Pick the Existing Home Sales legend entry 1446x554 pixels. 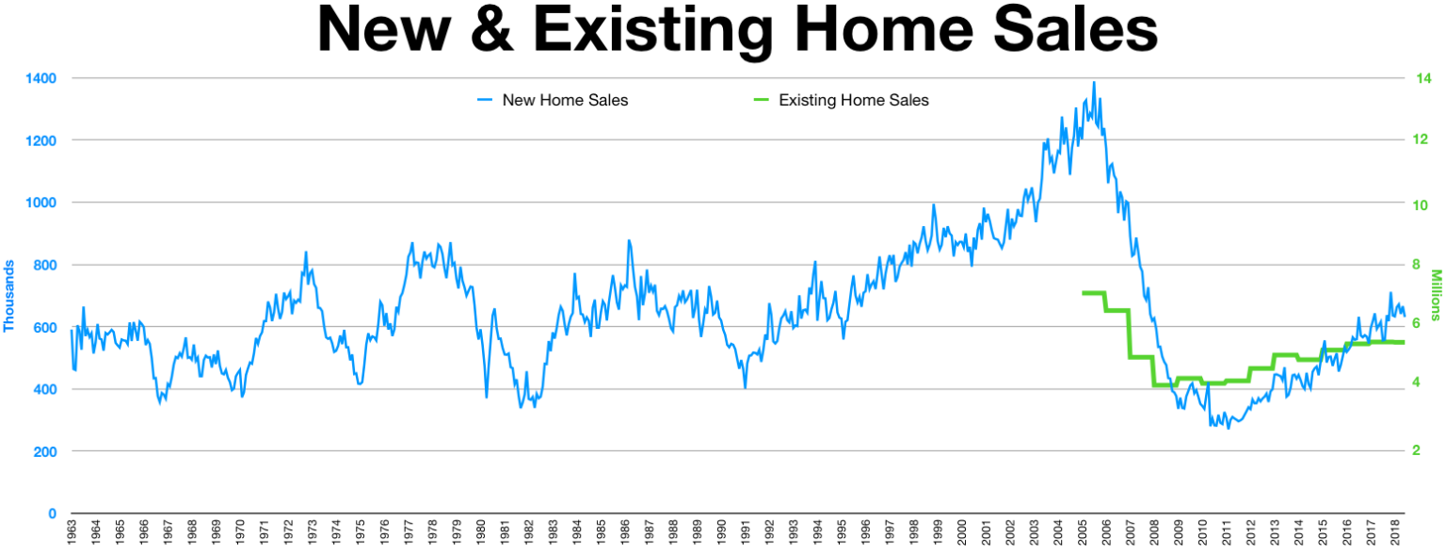coord(853,100)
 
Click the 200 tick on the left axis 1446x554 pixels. coord(43,451)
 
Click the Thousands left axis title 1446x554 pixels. coord(9,295)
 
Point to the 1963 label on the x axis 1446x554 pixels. coord(72,532)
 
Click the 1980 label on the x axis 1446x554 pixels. coord(480,532)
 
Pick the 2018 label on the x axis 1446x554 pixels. coord(1396,532)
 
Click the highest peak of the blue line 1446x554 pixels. coord(1093,83)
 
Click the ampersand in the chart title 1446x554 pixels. coord(488,31)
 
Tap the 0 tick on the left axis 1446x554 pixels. coord(53,513)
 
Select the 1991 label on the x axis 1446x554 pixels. coord(745,532)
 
